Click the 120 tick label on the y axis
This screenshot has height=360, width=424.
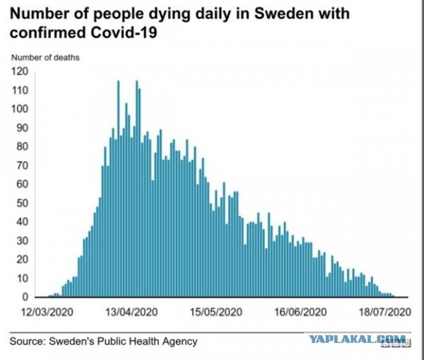[20, 71]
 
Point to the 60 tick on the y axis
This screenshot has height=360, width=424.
[22, 184]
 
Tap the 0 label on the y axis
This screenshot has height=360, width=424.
[25, 297]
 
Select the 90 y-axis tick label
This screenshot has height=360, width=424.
[22, 128]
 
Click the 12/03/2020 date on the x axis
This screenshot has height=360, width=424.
[47, 312]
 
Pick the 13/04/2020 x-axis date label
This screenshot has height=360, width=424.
[131, 312]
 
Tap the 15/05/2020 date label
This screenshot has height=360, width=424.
[216, 312]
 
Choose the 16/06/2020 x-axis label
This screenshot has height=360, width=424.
[301, 312]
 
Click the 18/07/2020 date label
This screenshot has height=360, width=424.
[385, 312]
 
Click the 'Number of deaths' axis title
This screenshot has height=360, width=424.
[45, 57]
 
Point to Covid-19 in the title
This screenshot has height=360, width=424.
[124, 33]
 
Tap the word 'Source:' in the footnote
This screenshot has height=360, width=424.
[28, 342]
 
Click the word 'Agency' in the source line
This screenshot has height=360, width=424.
[179, 342]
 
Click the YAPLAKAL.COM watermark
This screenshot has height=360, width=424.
[358, 340]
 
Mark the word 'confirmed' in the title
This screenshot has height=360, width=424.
[48, 33]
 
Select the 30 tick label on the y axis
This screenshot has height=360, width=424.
[22, 241]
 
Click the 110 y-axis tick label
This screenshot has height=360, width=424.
[20, 90]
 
